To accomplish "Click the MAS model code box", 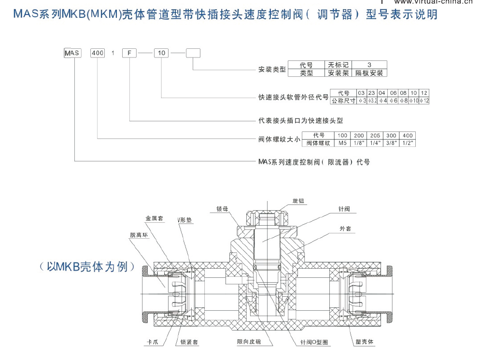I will tap(73, 53).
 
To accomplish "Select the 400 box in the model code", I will tap(98, 53).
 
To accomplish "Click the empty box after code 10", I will tap(193, 53).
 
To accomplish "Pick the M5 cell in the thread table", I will tap(342, 143).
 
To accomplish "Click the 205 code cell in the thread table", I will tap(374, 136).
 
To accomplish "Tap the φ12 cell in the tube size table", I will tap(424, 101).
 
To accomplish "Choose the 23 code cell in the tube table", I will tap(371, 93).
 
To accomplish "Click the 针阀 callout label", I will tap(344, 209).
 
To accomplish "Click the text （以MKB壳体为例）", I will tap(87, 267).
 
